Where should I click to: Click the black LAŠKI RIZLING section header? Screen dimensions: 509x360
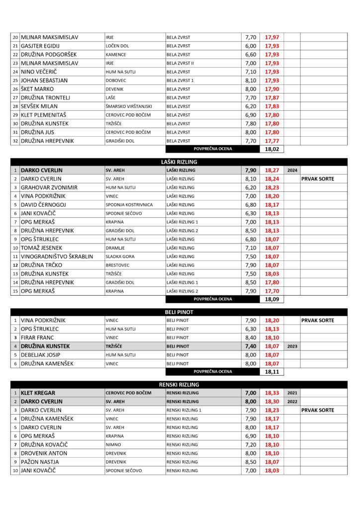[x=179, y=162]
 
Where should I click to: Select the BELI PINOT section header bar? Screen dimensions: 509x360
[x=179, y=312]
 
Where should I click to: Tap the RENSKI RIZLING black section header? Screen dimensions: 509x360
[x=179, y=384]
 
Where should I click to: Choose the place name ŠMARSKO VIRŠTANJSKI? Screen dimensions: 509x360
[x=129, y=106]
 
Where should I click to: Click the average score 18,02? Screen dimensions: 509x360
[x=272, y=149]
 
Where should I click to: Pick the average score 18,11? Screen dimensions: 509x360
[x=272, y=372]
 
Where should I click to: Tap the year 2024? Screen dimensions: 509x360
[x=292, y=170]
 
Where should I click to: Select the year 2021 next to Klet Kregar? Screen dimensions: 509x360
[x=292, y=393]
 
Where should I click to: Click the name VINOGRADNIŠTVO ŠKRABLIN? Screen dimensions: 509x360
[x=57, y=256]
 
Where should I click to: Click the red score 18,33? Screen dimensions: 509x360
[x=272, y=393]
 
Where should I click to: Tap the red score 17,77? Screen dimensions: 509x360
[x=272, y=141]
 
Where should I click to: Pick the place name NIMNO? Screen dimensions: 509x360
[x=113, y=444]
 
